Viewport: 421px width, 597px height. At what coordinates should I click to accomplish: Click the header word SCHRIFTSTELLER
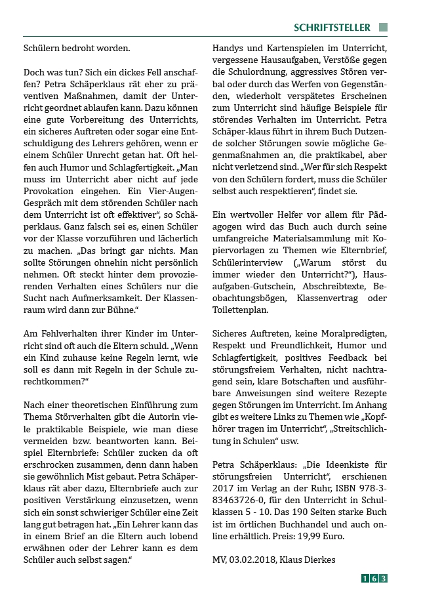(x=332, y=28)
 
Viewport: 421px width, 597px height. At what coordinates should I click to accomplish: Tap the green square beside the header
(x=384, y=28)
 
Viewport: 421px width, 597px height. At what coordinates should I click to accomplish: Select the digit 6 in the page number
(x=374, y=578)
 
